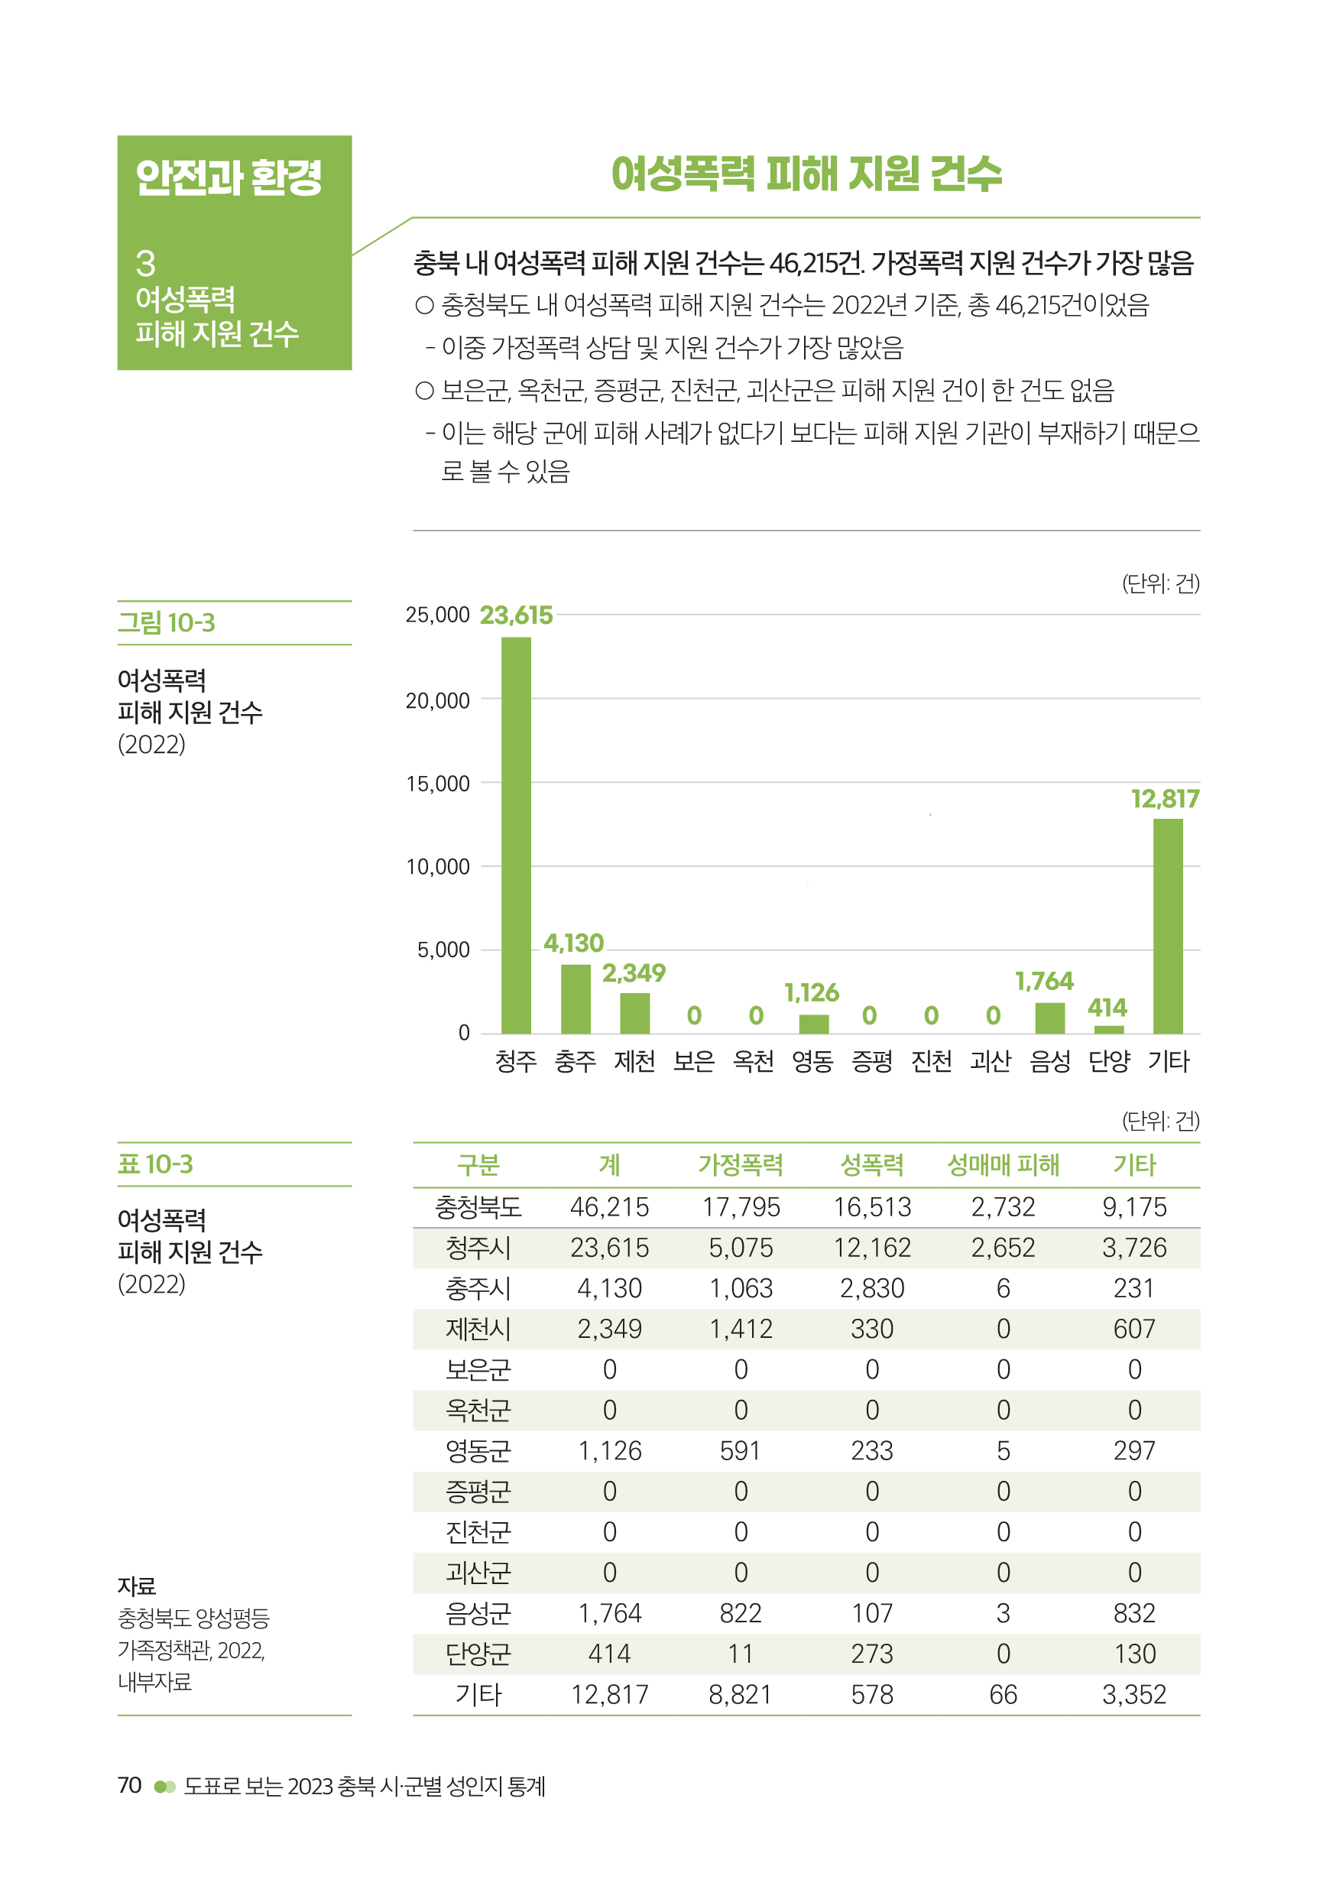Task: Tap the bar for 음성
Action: click(1049, 1018)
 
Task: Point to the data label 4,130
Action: click(573, 943)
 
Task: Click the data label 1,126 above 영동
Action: click(811, 992)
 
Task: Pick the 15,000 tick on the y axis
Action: click(438, 783)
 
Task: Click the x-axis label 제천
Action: click(634, 1061)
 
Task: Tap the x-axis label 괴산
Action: click(990, 1061)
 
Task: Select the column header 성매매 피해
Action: click(1003, 1165)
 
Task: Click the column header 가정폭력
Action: click(740, 1165)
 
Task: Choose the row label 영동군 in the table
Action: click(478, 1451)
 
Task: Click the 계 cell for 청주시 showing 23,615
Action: click(609, 1248)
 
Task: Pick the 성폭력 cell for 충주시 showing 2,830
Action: click(872, 1288)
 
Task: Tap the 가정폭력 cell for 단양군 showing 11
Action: click(740, 1654)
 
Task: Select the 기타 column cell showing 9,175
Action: click(1133, 1207)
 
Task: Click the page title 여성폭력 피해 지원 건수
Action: click(806, 174)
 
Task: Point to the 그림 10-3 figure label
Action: click(166, 622)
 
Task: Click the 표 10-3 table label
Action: click(155, 1164)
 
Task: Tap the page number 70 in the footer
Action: click(130, 1785)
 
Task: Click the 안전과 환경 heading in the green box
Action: click(228, 177)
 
